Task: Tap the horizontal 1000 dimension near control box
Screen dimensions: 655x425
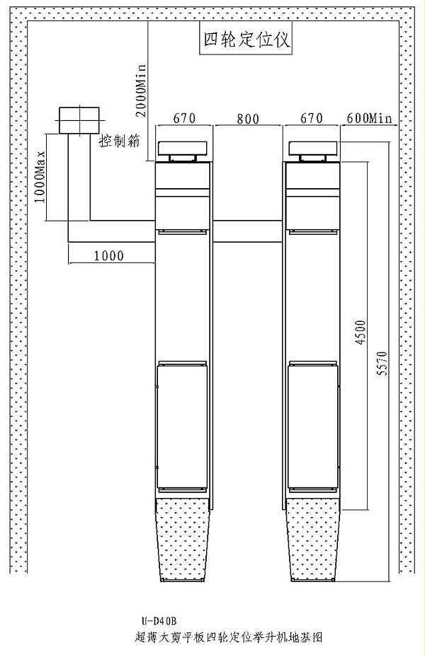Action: click(x=108, y=255)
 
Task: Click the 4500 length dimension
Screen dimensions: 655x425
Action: click(x=360, y=332)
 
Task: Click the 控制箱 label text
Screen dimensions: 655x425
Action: click(x=118, y=140)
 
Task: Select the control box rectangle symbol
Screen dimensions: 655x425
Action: click(x=79, y=120)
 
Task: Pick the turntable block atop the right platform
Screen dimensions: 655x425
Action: click(x=314, y=147)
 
